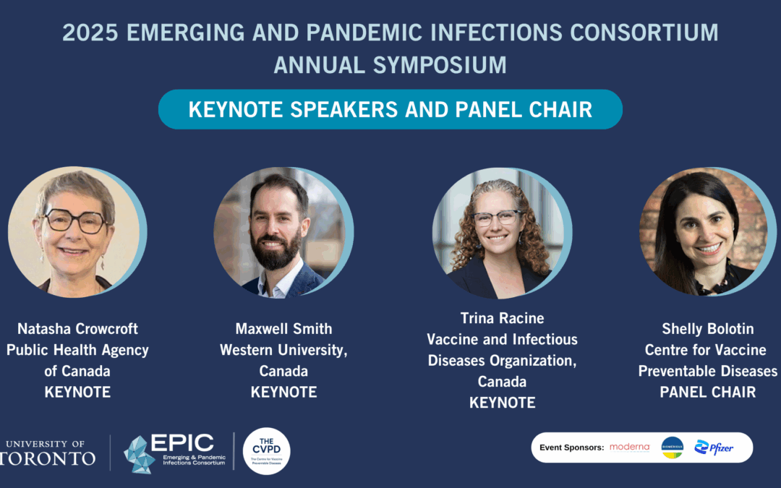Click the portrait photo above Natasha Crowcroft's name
tap(74, 232)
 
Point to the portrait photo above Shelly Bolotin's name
tap(701, 232)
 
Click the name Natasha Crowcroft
tap(77, 329)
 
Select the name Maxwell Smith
tap(283, 329)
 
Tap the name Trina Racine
tap(502, 318)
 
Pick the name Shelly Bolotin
tap(707, 329)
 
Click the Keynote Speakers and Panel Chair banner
tap(390, 109)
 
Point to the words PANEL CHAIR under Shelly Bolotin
tap(707, 393)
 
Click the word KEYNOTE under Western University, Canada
tap(283, 393)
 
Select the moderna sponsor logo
tap(629, 448)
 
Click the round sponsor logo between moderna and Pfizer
tap(672, 448)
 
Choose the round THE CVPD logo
tap(266, 451)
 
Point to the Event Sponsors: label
tap(571, 448)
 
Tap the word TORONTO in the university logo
tap(48, 459)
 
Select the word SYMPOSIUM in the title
tap(440, 65)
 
